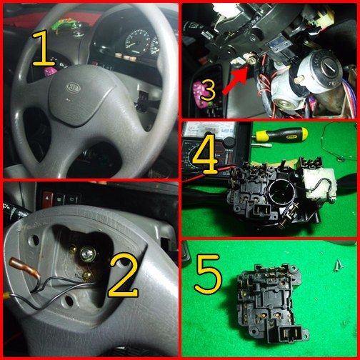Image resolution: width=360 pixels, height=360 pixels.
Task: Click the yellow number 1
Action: click(x=43, y=49)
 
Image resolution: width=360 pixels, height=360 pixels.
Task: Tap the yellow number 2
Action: click(x=123, y=275)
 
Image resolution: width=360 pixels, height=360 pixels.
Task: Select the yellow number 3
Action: click(x=208, y=90)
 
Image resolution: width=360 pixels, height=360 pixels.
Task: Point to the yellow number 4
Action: click(x=205, y=155)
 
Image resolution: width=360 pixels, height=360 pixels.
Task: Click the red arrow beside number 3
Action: click(x=236, y=81)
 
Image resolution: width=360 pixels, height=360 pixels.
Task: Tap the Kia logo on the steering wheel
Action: click(x=74, y=87)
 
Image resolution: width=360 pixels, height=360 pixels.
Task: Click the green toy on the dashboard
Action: click(x=66, y=26)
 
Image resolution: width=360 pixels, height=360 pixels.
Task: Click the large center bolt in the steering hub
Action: click(x=88, y=254)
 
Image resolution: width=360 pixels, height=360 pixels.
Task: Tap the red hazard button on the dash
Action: click(x=48, y=198)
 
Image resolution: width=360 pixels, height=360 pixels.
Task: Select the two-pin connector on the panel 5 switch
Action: click(x=291, y=334)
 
